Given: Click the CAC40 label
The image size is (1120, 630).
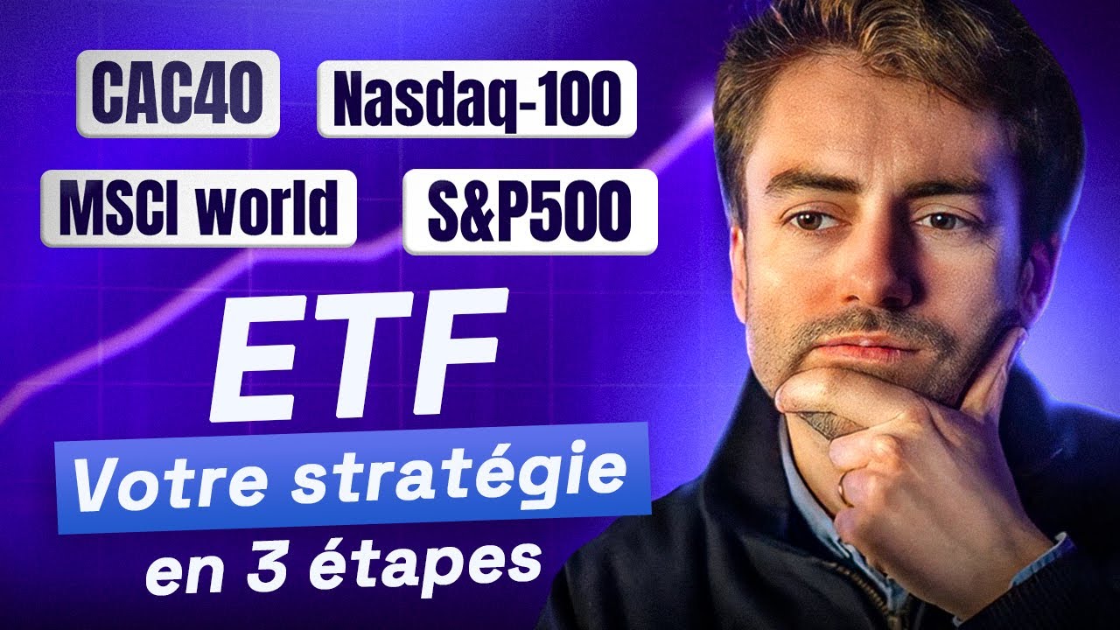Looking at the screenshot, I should click(x=178, y=94).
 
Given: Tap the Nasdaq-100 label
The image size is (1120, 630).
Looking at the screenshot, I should click(x=476, y=98).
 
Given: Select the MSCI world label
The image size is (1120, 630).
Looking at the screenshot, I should click(x=198, y=207).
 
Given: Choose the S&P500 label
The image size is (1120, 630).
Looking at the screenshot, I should click(x=529, y=211).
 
